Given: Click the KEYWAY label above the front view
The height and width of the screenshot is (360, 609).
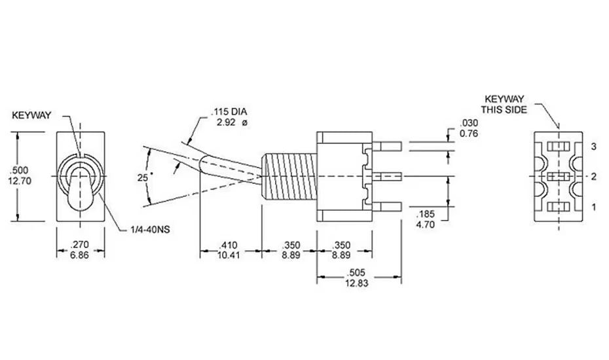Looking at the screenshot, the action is point(31,115).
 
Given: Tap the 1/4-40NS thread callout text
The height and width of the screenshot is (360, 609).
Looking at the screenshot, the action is point(150,230).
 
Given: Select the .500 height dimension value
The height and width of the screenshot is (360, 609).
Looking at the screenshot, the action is point(20,170).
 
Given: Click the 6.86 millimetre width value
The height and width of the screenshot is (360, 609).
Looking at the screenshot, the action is point(80,255).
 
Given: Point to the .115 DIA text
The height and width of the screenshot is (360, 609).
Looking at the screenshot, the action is point(229,112).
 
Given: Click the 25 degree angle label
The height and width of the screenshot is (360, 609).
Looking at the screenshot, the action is point(143,177).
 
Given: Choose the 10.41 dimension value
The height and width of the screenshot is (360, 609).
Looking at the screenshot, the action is point(229,255).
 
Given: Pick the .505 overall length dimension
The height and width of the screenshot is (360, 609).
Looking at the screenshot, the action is point(356,273).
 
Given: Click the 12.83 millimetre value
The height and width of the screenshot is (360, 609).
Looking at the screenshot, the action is point(356,283).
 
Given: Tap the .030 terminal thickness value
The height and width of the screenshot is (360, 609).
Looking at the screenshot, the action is point(469,124).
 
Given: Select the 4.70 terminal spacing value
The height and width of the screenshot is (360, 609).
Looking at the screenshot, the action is point(425,225).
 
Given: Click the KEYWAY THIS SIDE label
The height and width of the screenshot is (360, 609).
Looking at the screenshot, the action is point(504,105).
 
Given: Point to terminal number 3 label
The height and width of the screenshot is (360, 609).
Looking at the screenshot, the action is point(593,147).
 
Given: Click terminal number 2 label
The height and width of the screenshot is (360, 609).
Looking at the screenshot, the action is point(593,177).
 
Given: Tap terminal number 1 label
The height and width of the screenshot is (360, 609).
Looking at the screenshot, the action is point(593,207).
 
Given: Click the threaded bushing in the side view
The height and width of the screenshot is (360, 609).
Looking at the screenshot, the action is point(289,177).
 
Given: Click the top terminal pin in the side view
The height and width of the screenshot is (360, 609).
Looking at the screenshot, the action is point(387,147).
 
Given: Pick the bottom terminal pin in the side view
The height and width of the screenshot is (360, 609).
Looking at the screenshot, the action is point(387,207).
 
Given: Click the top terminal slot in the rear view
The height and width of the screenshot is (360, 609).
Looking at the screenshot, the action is point(559,147).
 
